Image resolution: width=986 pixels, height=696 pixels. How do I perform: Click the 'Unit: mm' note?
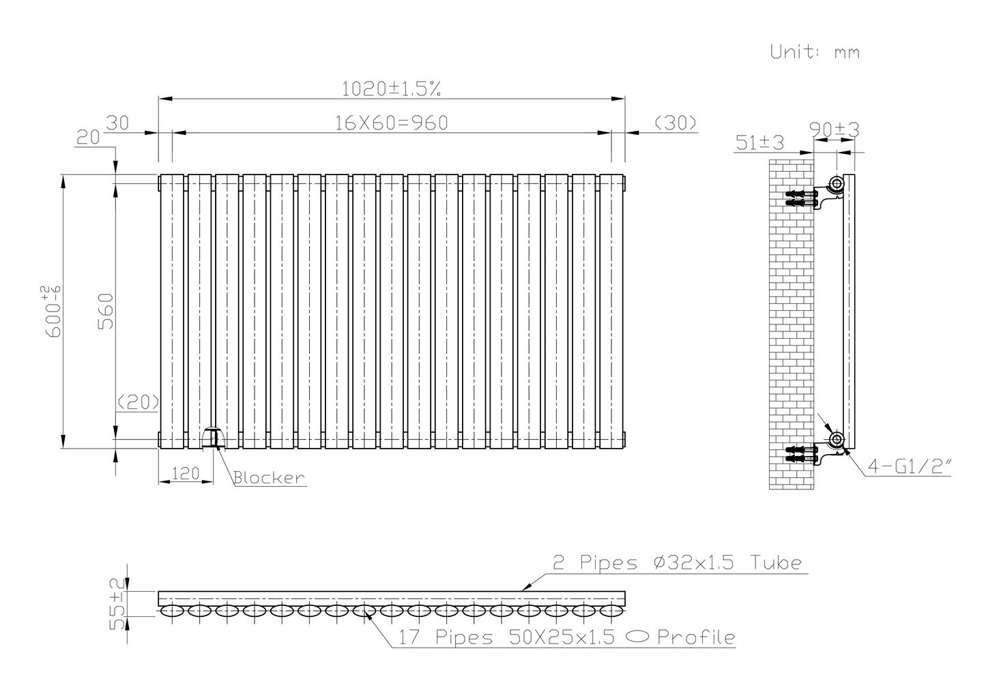tap(815, 52)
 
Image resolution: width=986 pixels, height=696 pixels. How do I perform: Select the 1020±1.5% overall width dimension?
tap(391, 88)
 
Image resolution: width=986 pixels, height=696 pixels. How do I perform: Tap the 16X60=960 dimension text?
tap(391, 123)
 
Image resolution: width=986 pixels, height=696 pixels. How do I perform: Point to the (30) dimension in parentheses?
tap(675, 123)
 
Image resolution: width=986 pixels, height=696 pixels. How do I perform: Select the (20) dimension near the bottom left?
tap(138, 402)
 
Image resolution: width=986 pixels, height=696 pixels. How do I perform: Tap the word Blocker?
tap(269, 478)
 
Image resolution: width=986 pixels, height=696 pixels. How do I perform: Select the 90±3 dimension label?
tap(834, 129)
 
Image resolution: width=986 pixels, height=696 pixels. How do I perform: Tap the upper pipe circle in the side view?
tap(836, 183)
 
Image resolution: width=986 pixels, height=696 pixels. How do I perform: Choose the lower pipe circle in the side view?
tap(836, 439)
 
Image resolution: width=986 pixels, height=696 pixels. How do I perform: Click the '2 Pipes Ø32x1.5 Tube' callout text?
tap(676, 563)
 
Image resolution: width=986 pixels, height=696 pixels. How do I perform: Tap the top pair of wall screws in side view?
tap(802, 198)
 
